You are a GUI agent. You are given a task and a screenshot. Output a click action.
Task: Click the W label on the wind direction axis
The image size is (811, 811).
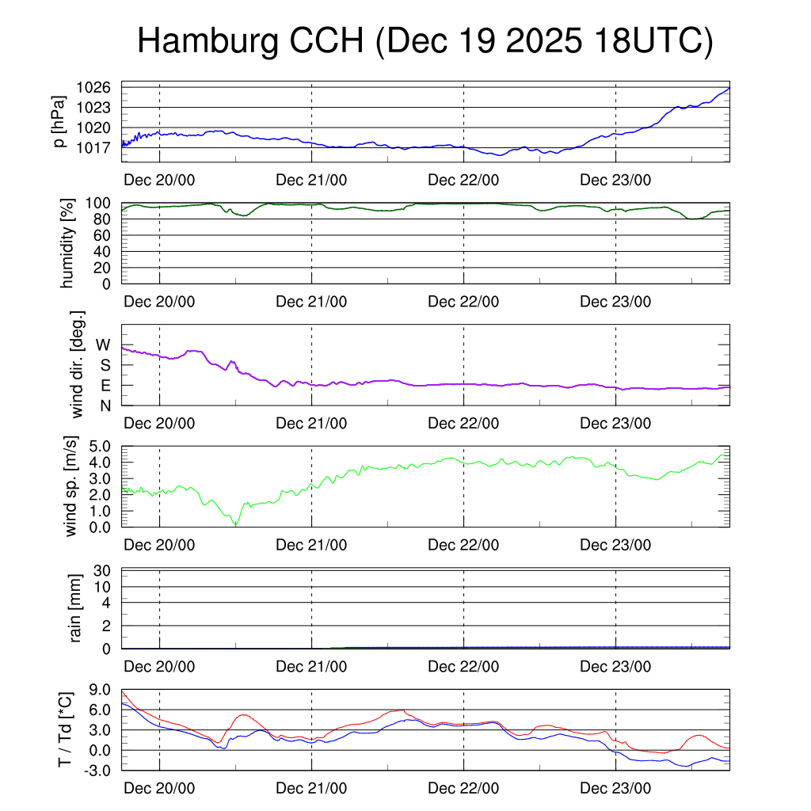tap(104, 345)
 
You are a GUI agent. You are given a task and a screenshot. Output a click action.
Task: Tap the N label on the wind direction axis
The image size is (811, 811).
tap(105, 405)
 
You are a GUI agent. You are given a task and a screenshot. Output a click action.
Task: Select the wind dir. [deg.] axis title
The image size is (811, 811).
tap(78, 364)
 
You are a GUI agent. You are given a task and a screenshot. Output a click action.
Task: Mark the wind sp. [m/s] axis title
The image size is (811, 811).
tap(71, 485)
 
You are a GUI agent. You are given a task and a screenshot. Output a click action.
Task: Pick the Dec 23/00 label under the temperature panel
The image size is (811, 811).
tap(615, 789)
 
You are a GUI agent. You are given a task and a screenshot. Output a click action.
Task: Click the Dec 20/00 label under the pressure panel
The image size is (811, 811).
tap(159, 180)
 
